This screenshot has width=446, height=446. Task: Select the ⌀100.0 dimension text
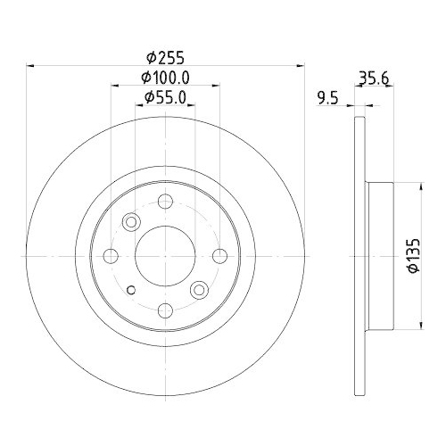[x=166, y=78]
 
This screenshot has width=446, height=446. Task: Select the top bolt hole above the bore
[x=165, y=202]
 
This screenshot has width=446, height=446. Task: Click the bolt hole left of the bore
[x=111, y=256]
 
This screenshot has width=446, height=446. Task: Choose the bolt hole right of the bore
[x=219, y=256]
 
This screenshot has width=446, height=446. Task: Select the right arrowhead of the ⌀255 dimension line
[x=301, y=65]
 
